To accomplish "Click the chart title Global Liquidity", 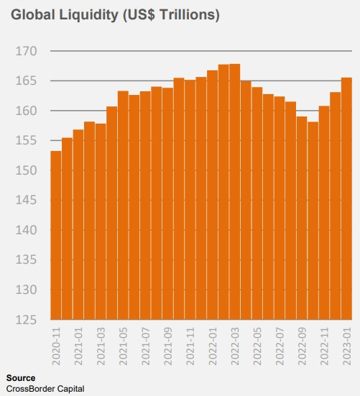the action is (x=65, y=15).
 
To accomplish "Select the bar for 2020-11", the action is (x=56, y=236).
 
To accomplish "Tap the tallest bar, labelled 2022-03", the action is (x=235, y=192).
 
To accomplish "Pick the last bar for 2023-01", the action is (x=346, y=199).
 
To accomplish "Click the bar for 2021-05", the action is (x=123, y=206).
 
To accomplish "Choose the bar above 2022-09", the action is (x=302, y=218).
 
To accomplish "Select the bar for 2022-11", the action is (x=324, y=213).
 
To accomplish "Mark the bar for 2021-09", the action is (x=167, y=204).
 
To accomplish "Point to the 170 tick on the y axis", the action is (x=27, y=51).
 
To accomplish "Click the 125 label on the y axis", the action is (x=27, y=320).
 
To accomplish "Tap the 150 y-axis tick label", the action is (x=27, y=171).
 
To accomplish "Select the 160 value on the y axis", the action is (x=27, y=111).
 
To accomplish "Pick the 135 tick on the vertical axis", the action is (x=27, y=260).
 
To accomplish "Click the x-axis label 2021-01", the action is (x=78, y=346).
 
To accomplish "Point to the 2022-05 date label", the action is (x=257, y=346).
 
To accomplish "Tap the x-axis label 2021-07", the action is (x=146, y=346).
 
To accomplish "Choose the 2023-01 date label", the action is (x=347, y=346).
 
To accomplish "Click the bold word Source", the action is (x=21, y=378).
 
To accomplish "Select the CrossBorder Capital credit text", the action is (x=45, y=389).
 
